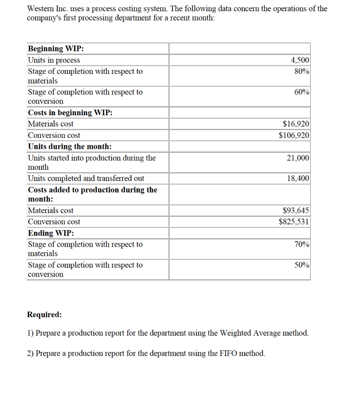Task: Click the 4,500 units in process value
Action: point(300,60)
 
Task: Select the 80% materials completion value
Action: point(302,72)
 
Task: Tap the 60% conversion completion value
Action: point(302,92)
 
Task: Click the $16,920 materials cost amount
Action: point(296,124)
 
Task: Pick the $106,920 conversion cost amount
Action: point(294,135)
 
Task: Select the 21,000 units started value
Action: point(298,158)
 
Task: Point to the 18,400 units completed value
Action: point(298,178)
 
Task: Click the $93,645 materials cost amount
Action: point(296,210)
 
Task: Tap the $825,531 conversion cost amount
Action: point(294,222)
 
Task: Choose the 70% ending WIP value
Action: point(302,244)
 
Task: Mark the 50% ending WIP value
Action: point(302,265)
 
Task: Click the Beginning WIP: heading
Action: point(56,49)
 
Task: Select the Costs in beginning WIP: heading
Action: point(70,113)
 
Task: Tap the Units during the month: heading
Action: point(70,147)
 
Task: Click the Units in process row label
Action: point(54,60)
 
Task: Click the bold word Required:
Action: point(44,314)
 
